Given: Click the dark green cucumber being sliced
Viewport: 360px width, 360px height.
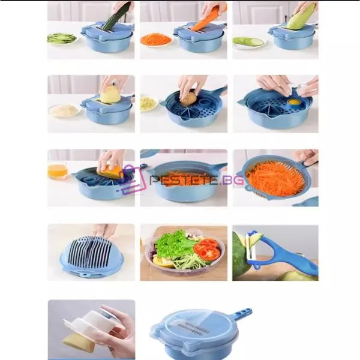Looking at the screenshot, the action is point(116,17).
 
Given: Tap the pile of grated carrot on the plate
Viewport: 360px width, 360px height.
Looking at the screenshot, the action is point(156,38).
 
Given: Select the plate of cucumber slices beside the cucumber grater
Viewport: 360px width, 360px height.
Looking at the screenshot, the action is point(62,38).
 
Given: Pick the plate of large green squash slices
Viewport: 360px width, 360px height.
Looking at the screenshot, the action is point(249,43).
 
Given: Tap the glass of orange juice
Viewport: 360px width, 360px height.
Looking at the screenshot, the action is point(58,170).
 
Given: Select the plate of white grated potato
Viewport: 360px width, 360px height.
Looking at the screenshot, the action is point(64,111).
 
